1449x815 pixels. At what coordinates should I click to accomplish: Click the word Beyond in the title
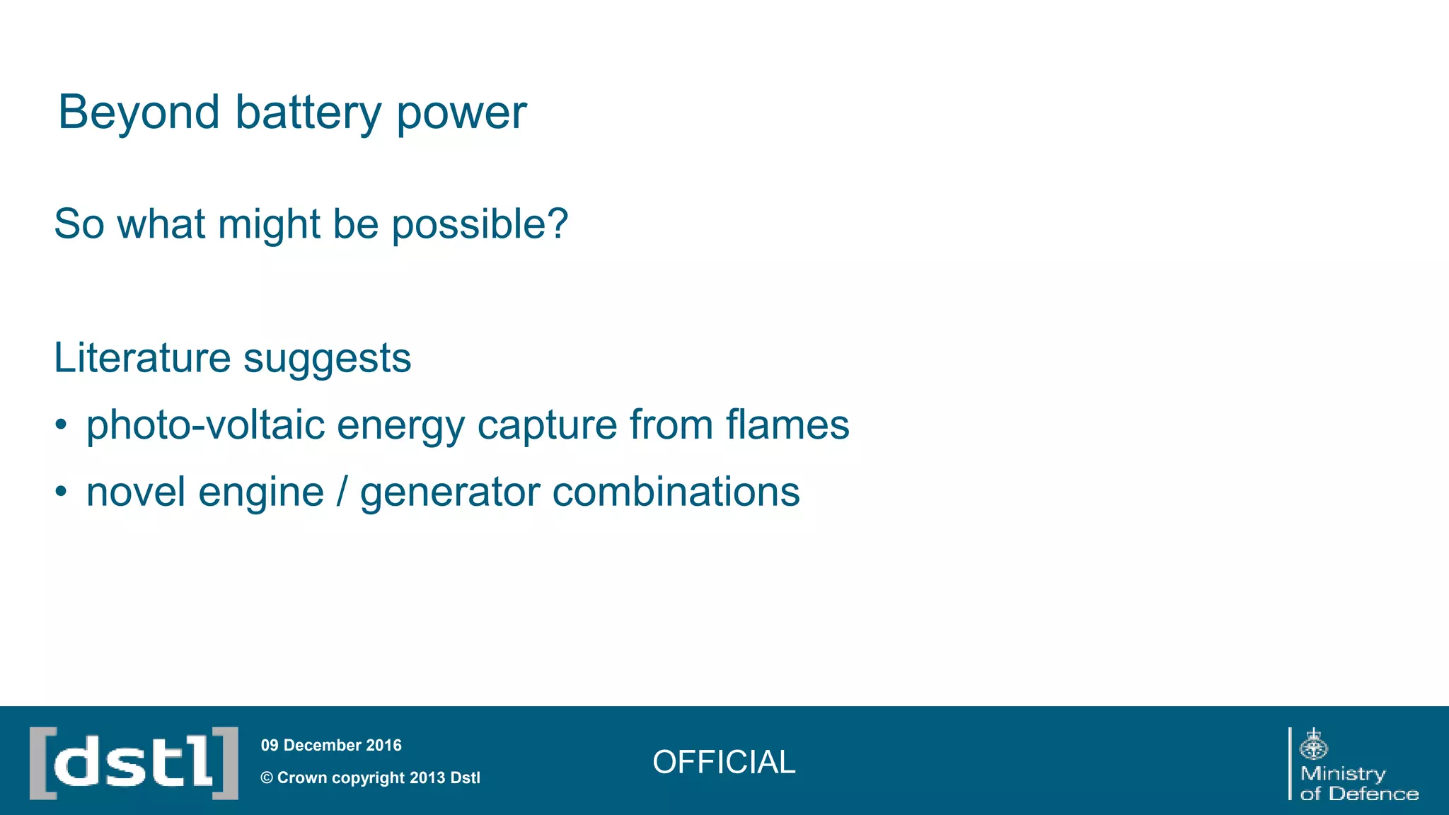(139, 112)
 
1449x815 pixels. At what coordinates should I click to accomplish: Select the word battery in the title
(308, 112)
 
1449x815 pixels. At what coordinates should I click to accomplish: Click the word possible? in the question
(480, 226)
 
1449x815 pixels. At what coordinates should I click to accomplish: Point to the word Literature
(142, 357)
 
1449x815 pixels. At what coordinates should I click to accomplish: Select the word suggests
(327, 360)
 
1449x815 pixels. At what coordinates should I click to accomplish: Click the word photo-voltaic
(205, 424)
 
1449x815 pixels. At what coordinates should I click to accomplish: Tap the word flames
(787, 424)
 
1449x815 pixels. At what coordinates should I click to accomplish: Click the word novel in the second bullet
(135, 492)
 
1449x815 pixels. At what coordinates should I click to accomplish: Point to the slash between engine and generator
(342, 492)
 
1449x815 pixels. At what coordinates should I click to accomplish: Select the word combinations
(676, 492)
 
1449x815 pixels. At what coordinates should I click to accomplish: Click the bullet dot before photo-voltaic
(62, 424)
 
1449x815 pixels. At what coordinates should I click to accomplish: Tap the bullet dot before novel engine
(62, 492)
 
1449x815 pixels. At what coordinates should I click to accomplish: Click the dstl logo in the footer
(134, 763)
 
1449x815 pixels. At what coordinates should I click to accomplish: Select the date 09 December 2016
(331, 745)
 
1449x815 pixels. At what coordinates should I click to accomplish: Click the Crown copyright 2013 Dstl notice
(371, 778)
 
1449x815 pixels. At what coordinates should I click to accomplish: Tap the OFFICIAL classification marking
(724, 762)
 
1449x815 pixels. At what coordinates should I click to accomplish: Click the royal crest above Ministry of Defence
(1314, 744)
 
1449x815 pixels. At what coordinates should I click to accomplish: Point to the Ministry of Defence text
(1358, 784)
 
